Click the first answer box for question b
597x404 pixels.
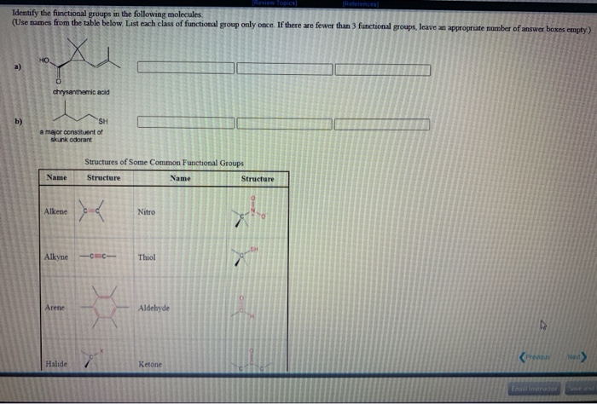(185, 124)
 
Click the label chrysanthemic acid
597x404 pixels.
(80, 93)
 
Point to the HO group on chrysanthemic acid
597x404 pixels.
(44, 61)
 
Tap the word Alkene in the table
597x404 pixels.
(57, 210)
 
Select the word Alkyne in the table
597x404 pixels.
(57, 257)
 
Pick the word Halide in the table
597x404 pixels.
(56, 364)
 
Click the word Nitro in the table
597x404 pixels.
(146, 211)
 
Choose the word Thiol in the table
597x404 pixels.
(147, 257)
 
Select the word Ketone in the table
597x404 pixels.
(149, 364)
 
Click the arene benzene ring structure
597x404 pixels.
(103, 305)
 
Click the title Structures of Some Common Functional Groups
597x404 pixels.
(164, 162)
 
